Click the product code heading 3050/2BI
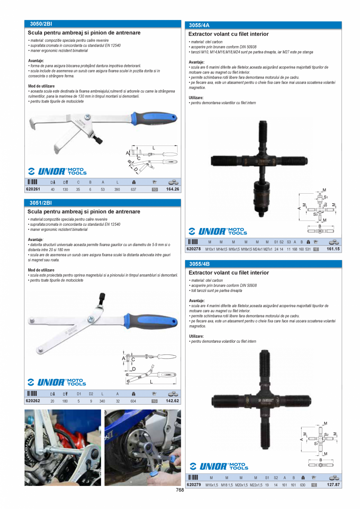(x=41, y=24)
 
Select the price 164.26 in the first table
(x=172, y=189)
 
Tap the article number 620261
(x=33, y=189)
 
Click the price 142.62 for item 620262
(x=172, y=401)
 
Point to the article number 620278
(x=194, y=249)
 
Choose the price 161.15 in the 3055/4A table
(x=333, y=249)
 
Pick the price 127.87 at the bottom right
(x=333, y=485)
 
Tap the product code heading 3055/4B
(x=199, y=264)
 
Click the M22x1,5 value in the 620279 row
(x=255, y=485)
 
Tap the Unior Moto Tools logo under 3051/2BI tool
(x=57, y=382)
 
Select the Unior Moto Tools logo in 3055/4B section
(x=219, y=466)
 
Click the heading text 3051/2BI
(x=41, y=203)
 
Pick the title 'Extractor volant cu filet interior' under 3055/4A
(x=229, y=34)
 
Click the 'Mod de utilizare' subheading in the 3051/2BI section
(x=41, y=270)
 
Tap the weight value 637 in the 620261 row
(x=134, y=190)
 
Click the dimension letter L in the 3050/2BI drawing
(x=154, y=148)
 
